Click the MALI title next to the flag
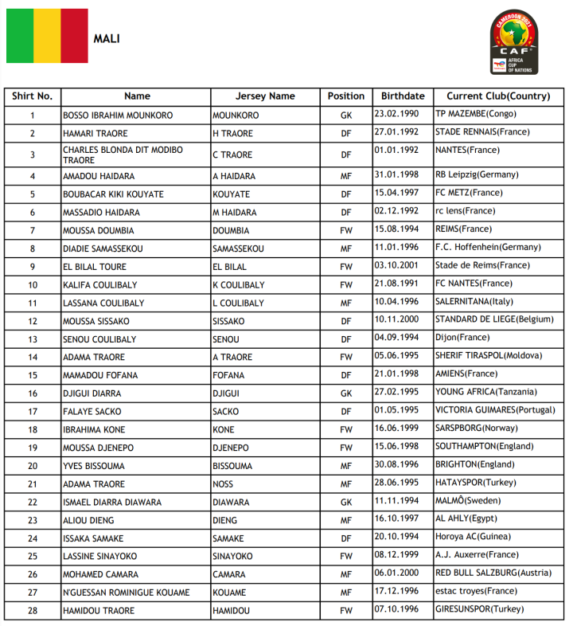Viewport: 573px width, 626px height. [107, 38]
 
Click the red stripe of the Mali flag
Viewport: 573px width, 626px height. [74, 36]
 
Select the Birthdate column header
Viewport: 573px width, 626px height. [403, 96]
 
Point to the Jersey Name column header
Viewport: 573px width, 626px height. [265, 96]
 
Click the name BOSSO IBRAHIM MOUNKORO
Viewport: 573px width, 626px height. [118, 115]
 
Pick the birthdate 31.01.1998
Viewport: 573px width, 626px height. [396, 175]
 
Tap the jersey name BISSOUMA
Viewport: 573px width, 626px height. [232, 466]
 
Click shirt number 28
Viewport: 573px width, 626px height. [33, 611]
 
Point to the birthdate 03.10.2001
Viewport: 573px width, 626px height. [396, 265]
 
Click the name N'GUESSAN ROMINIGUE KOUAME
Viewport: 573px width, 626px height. [127, 593]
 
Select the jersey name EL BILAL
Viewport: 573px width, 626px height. [229, 267]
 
